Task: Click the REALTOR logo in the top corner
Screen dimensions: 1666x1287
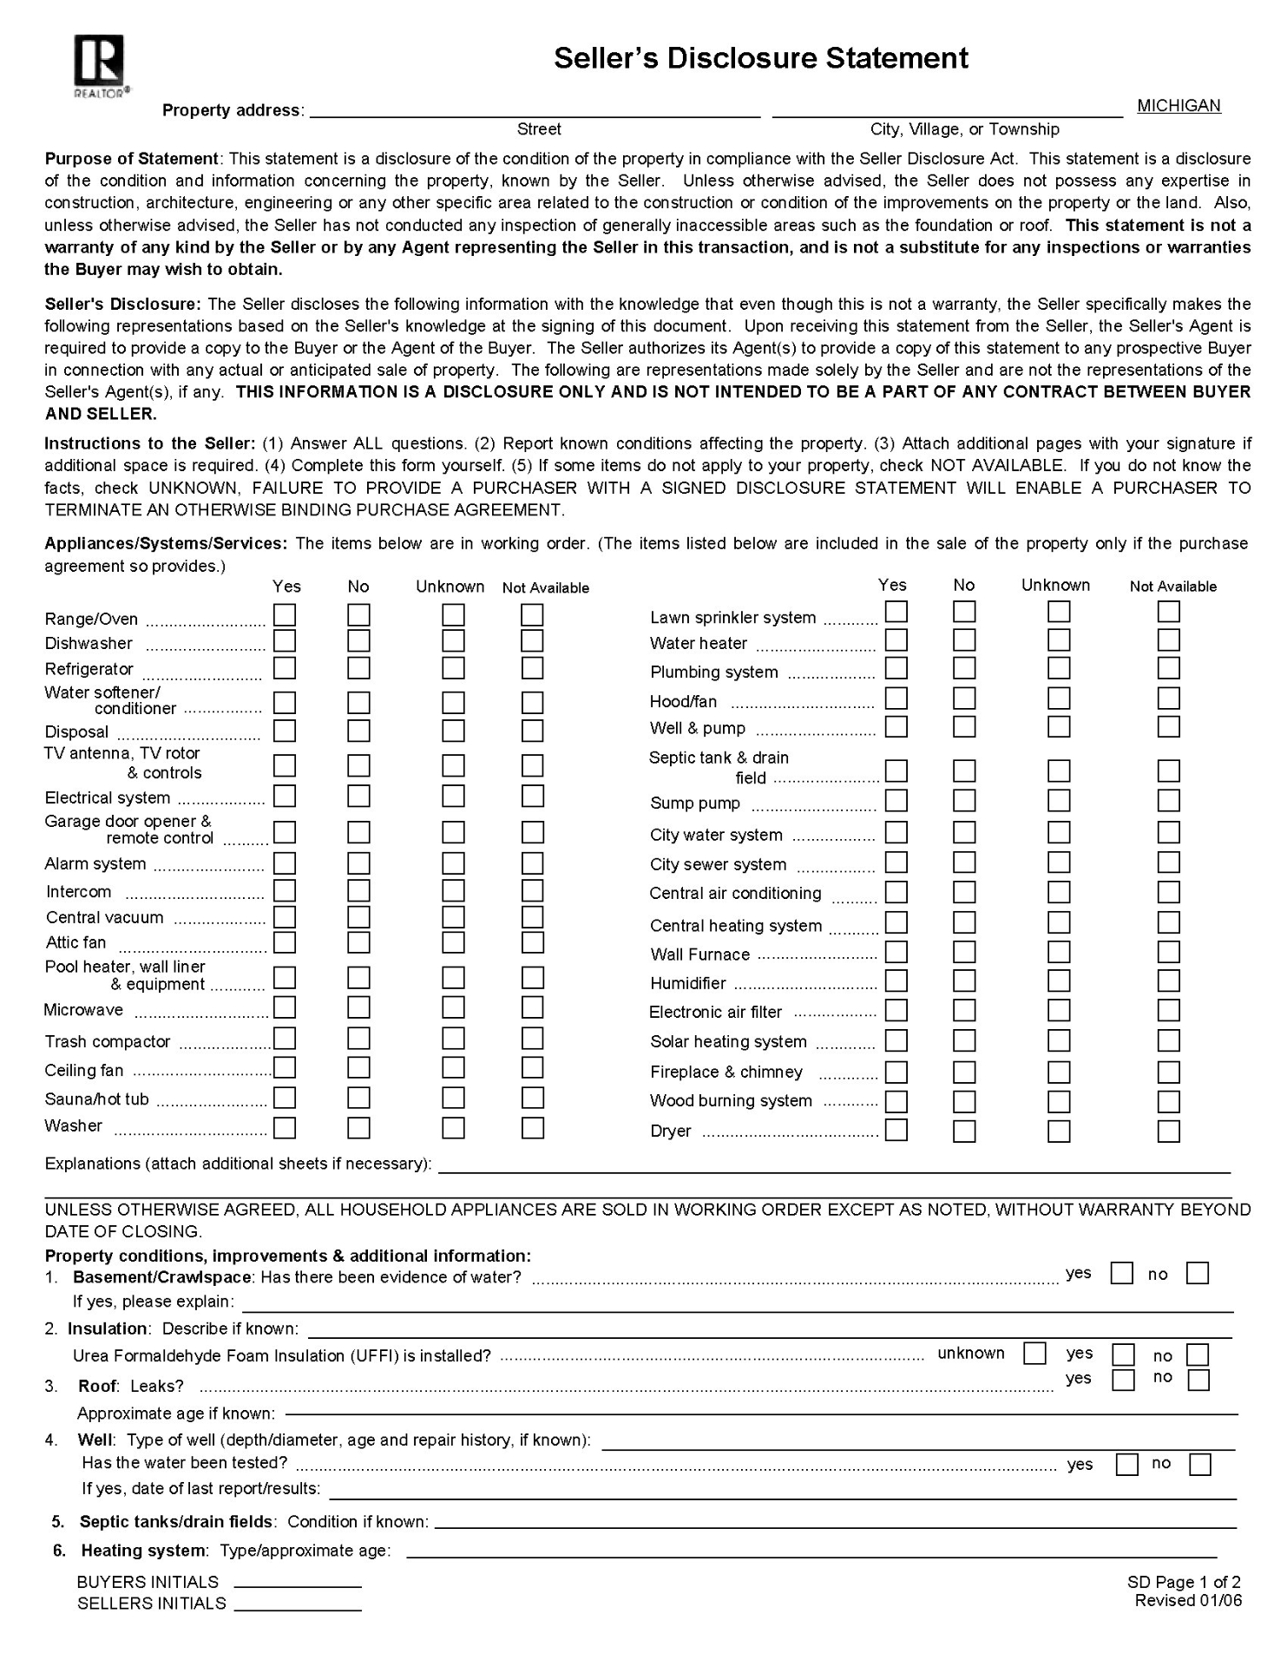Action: pyautogui.click(x=100, y=65)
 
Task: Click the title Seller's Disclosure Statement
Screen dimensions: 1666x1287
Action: pyautogui.click(x=760, y=58)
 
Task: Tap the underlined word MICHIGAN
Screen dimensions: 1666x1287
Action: pyautogui.click(x=1178, y=106)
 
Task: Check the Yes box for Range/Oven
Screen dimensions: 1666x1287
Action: pyautogui.click(x=285, y=615)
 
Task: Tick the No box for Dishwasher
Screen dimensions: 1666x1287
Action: pyautogui.click(x=358, y=641)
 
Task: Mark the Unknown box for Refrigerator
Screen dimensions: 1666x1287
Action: pyautogui.click(x=453, y=668)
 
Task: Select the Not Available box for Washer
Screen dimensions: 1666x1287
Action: pyautogui.click(x=532, y=1128)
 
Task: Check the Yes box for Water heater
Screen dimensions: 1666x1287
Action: pyautogui.click(x=896, y=640)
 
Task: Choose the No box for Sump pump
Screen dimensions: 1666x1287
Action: pyautogui.click(x=964, y=801)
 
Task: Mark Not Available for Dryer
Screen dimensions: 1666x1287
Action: pyautogui.click(x=1169, y=1131)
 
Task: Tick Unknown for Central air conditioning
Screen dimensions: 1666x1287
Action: pyautogui.click(x=1059, y=892)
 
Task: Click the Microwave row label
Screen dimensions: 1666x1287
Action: pyautogui.click(x=84, y=1010)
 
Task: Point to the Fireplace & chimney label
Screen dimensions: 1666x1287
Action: pyautogui.click(x=726, y=1072)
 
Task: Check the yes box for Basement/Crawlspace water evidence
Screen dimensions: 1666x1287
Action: pyautogui.click(x=1122, y=1274)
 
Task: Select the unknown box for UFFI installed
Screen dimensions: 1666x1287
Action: pyautogui.click(x=1034, y=1354)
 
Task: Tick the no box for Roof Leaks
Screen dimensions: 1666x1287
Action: pyautogui.click(x=1198, y=1381)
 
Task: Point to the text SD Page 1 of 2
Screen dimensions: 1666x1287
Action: pyautogui.click(x=1184, y=1582)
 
